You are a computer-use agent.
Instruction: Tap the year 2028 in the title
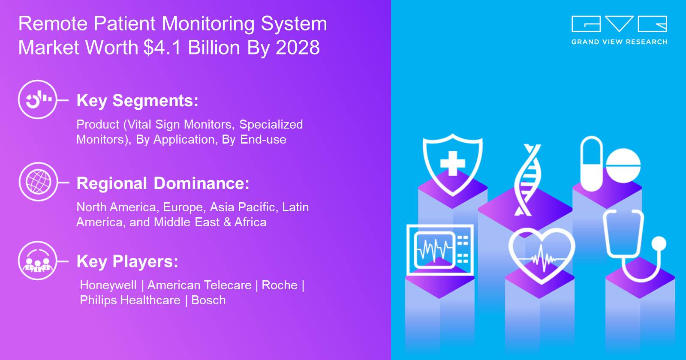[298, 48]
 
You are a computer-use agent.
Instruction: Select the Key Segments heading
[138, 101]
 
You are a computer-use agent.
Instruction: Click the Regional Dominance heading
[163, 183]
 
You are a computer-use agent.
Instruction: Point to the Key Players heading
[127, 262]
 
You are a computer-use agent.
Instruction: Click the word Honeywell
[108, 285]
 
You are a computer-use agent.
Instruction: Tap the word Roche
[280, 285]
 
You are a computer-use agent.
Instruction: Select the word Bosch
[208, 300]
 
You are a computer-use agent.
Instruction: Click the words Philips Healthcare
[130, 300]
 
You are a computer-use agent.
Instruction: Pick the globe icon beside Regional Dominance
[38, 182]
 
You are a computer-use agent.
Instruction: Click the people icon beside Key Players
[38, 261]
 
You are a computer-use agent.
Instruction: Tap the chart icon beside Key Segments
[38, 99]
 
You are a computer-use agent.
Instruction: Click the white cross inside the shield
[453, 163]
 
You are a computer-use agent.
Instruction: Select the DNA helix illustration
[527, 180]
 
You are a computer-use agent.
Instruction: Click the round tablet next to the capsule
[623, 165]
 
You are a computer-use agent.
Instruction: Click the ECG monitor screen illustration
[440, 250]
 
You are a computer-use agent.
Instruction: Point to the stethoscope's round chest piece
[659, 244]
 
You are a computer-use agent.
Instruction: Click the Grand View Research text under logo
[619, 42]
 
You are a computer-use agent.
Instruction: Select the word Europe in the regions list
[183, 207]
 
